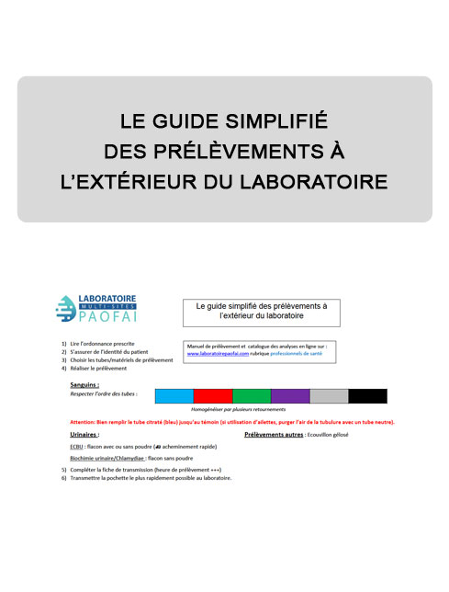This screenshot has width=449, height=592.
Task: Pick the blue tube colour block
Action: coord(174,396)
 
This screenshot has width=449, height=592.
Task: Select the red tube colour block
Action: coord(213,396)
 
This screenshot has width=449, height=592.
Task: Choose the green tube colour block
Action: coord(252,396)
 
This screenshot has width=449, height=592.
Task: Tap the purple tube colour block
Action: coord(290,396)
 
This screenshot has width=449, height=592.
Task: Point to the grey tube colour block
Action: coord(329,396)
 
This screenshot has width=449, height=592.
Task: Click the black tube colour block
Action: coord(367,396)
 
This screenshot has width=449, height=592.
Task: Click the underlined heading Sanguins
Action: coord(84,384)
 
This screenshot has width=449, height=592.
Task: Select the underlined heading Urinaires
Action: coord(84,433)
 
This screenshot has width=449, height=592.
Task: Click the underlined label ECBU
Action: coord(77,445)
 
